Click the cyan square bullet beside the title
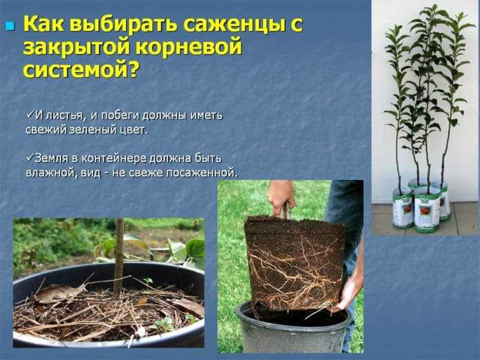coord(10,26)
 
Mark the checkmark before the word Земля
coord(30,157)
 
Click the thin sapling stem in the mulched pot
coord(118,257)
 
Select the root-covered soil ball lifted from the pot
coord(293,263)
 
